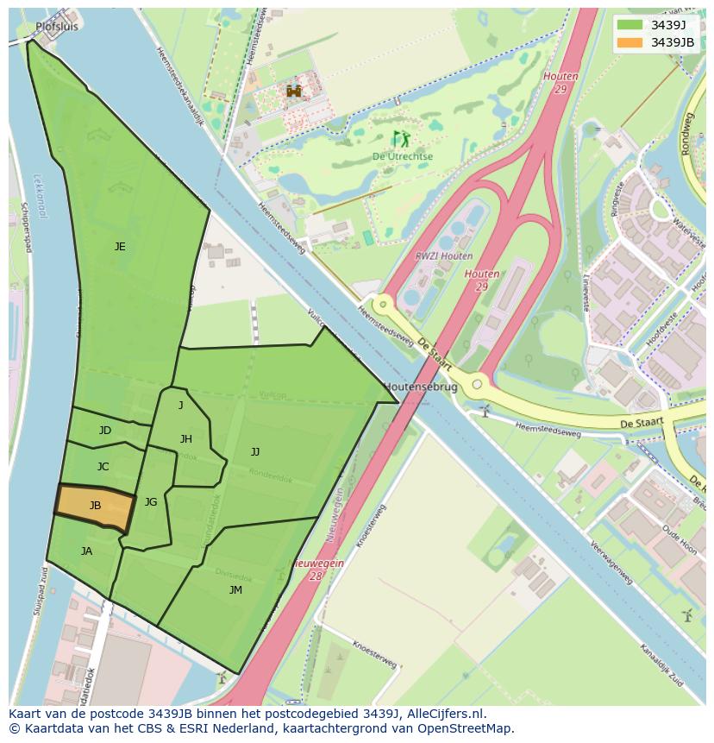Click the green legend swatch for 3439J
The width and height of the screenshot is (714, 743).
629,25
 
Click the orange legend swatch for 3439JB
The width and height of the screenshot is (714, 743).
629,42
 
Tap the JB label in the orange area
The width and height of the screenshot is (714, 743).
95,506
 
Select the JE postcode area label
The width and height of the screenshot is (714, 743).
120,247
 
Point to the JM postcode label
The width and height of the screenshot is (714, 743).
235,590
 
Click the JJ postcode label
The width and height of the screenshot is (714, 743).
255,452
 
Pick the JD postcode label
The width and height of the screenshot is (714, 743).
105,431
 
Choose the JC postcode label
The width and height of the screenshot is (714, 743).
103,467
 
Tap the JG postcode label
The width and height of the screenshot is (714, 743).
151,502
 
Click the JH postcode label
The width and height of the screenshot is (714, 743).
186,439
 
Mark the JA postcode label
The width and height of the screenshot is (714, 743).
86,551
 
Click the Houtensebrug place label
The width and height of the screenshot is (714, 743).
420,387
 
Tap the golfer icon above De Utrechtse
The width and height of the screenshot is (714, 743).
401,138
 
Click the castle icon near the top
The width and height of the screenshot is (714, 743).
295,91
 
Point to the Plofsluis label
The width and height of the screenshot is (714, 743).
57,27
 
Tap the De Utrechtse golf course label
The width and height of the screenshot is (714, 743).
402,156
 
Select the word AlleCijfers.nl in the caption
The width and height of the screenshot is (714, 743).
444,715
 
